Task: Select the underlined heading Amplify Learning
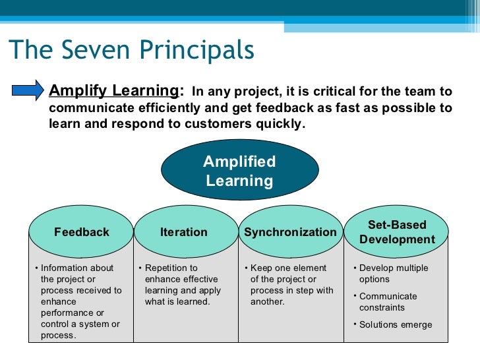(x=113, y=91)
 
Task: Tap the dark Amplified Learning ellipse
(x=239, y=171)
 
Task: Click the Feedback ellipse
(x=81, y=232)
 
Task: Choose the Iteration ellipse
(x=184, y=232)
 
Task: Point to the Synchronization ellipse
(x=290, y=232)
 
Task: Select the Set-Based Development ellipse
(x=396, y=232)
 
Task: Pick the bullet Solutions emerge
(x=396, y=324)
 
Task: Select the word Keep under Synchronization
(x=261, y=268)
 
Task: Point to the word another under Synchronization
(x=267, y=302)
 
